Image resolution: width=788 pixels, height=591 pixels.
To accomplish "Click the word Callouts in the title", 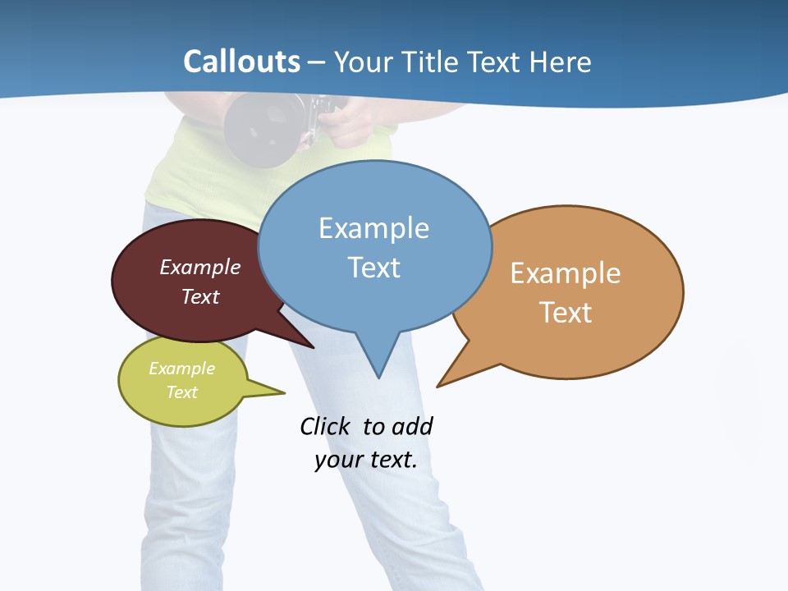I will pyautogui.click(x=241, y=62).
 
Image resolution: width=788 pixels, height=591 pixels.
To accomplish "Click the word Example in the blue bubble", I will pyautogui.click(x=373, y=228).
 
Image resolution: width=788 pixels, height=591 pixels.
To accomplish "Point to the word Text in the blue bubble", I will pyautogui.click(x=373, y=268).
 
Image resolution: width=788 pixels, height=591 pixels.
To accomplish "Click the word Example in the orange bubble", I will pyautogui.click(x=566, y=273).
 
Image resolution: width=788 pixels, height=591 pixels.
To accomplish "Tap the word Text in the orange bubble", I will pyautogui.click(x=566, y=313).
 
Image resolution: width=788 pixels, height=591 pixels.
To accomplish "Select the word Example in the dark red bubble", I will pyautogui.click(x=200, y=268).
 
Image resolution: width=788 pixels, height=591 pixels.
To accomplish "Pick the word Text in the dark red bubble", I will pyautogui.click(x=200, y=296).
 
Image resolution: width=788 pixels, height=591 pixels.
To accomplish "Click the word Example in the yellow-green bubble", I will pyautogui.click(x=181, y=369).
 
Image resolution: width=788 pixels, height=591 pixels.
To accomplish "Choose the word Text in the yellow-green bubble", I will pyautogui.click(x=181, y=392).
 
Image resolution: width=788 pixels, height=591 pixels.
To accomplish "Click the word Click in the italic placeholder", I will pyautogui.click(x=324, y=427).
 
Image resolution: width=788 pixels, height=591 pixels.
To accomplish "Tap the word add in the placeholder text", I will pyautogui.click(x=411, y=427).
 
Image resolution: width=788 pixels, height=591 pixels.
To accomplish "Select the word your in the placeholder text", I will pyautogui.click(x=336, y=460).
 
